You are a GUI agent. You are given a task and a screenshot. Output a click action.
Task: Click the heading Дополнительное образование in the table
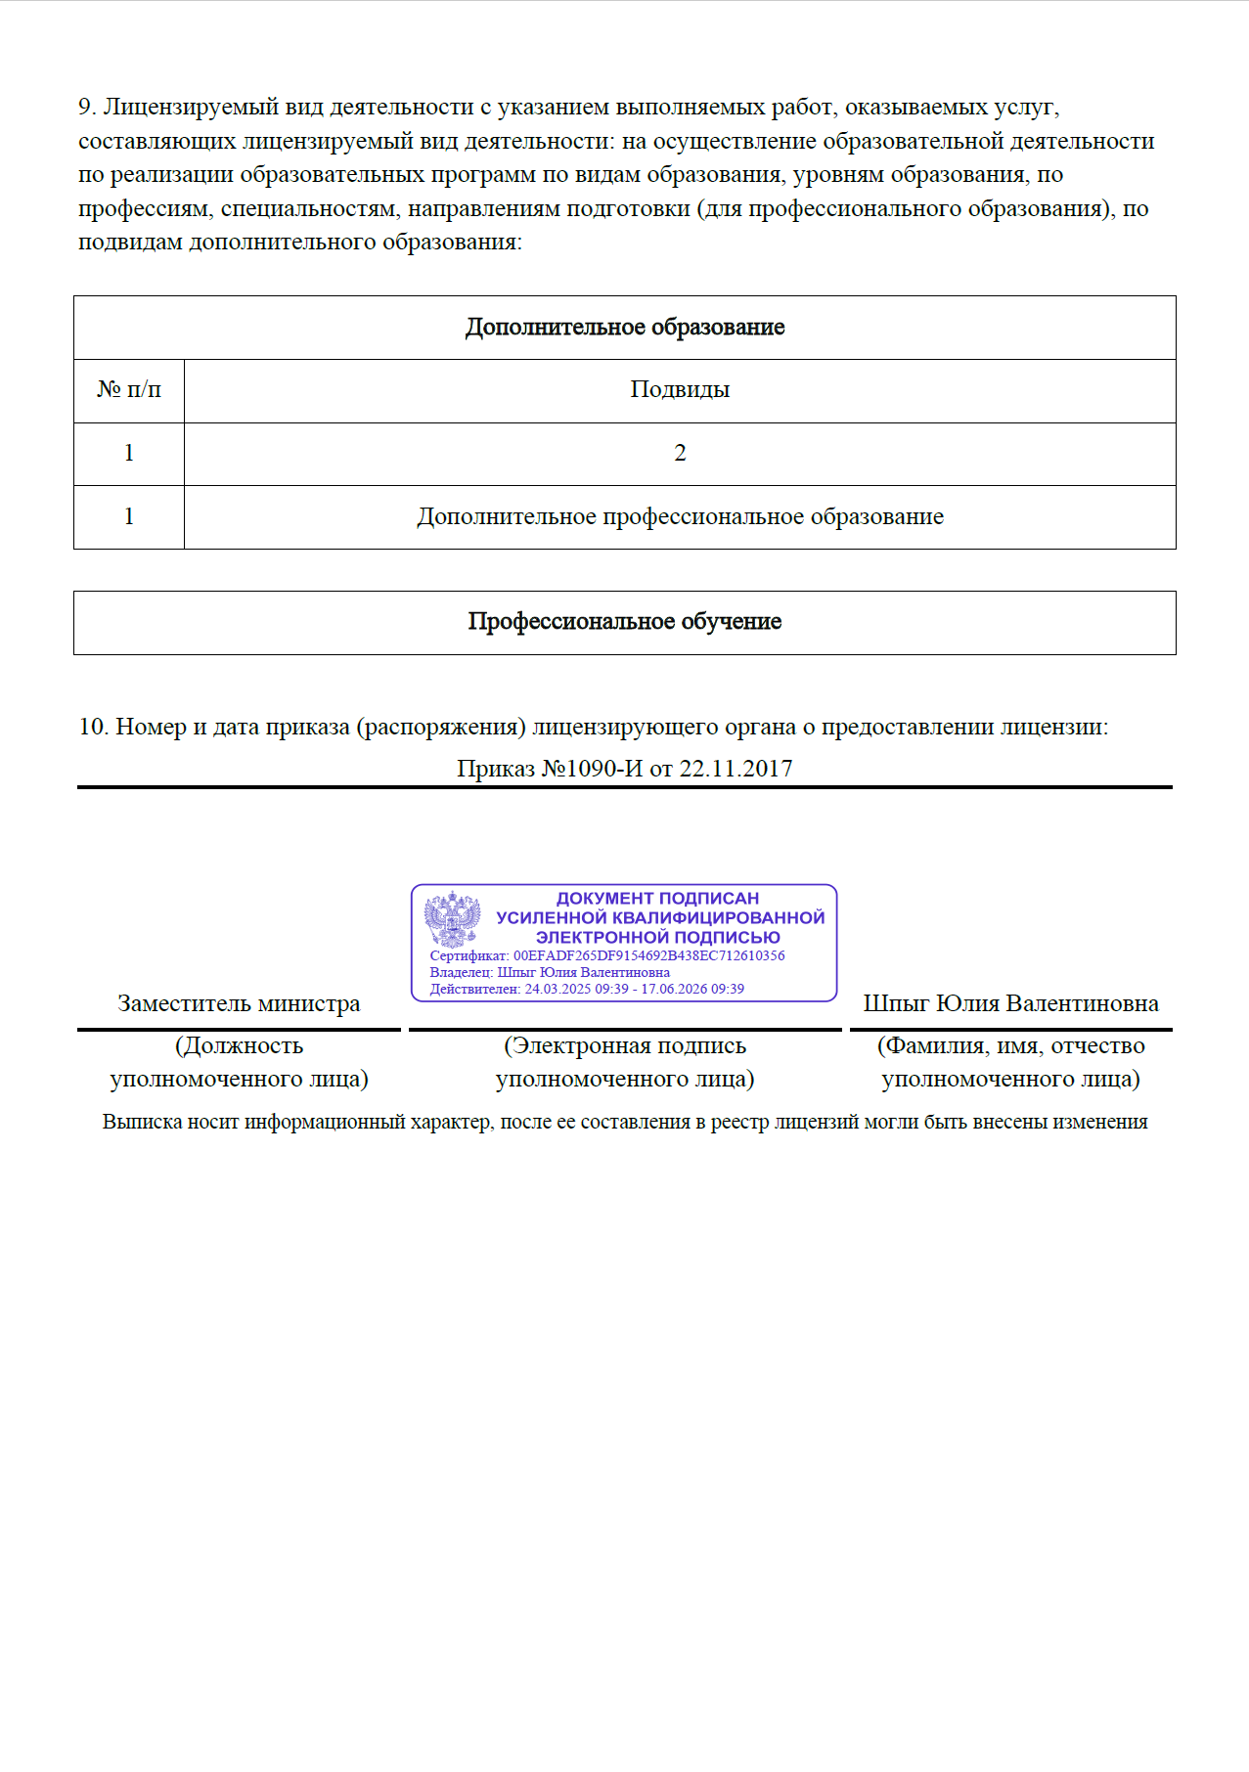(624, 328)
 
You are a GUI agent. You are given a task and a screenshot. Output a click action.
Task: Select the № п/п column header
(129, 390)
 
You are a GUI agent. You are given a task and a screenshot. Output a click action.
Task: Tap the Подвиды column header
(680, 390)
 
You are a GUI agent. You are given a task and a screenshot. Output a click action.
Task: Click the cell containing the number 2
(680, 454)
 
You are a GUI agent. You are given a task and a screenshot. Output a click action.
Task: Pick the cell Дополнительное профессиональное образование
(680, 517)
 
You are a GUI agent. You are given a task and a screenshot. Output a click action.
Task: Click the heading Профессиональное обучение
(624, 622)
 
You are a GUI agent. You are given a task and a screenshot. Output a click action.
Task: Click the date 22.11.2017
(736, 769)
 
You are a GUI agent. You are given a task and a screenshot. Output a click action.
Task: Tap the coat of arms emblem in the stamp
(452, 918)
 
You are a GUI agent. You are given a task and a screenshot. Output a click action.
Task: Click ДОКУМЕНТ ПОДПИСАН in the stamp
(657, 898)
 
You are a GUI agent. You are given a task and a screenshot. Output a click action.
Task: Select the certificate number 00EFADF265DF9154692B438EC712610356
(648, 955)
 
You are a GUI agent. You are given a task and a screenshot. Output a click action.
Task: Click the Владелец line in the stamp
(550, 972)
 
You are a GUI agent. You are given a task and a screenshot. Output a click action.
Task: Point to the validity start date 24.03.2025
(558, 989)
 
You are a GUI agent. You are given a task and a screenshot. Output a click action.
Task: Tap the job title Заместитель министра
(239, 1004)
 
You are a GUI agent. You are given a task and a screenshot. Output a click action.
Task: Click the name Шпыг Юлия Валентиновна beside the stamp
(1010, 1004)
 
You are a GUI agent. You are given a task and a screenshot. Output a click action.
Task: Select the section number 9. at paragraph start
(87, 108)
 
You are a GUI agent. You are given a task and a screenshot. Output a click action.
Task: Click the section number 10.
(93, 728)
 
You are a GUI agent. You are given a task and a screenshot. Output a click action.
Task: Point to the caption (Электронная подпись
(625, 1046)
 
